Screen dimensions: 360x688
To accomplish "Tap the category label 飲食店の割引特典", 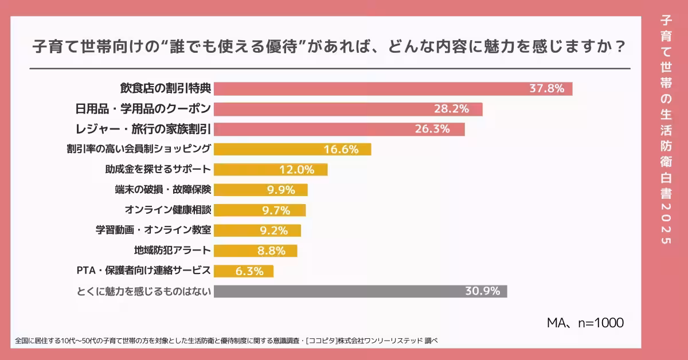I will pos(166,89).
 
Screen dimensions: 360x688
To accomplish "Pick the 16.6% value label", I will pos(341,150).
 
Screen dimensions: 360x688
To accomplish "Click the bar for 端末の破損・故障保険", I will pos(261,190).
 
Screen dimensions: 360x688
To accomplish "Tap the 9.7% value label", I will pos(276,210).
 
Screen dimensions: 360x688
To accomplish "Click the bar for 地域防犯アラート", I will pos(255,251).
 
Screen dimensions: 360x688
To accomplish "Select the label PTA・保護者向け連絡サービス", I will pos(144,271).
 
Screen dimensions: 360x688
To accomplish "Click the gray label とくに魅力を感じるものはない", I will pos(144,291).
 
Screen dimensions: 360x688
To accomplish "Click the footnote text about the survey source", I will pos(226,341).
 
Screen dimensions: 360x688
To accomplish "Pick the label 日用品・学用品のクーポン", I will pos(143,109).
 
